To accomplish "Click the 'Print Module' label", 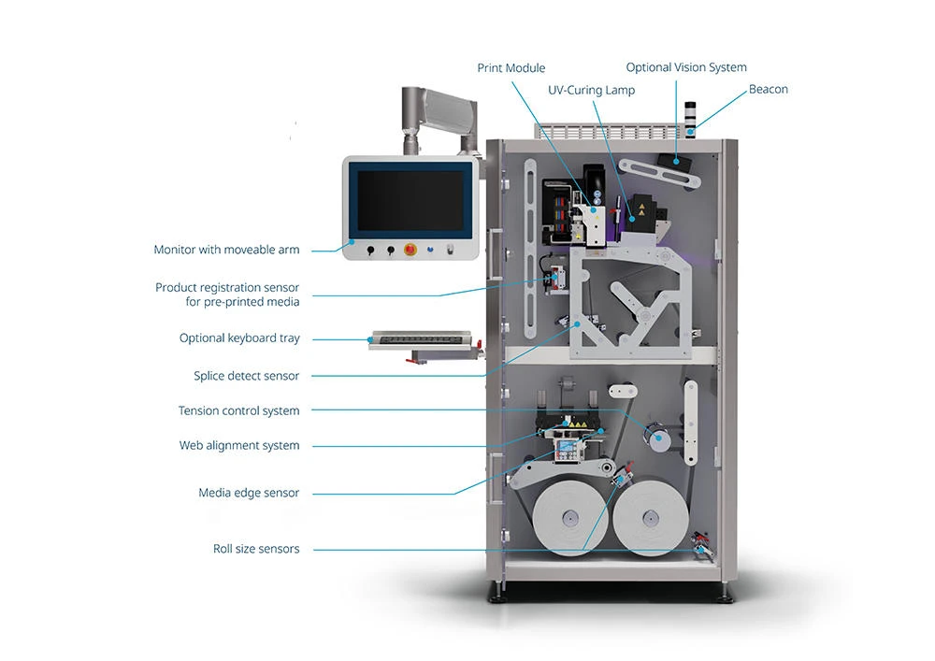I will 511,68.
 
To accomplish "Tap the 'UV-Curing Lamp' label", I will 591,91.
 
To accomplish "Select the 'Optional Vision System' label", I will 686,67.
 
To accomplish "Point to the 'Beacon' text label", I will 768,90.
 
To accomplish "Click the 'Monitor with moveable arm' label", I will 226,251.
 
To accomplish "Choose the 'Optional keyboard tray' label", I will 239,338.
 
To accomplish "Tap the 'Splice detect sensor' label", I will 246,376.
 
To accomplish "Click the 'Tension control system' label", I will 238,411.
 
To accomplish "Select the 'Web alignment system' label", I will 239,446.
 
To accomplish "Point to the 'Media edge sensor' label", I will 249,493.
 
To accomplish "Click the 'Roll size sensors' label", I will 256,549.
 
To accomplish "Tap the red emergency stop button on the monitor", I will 409,250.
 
